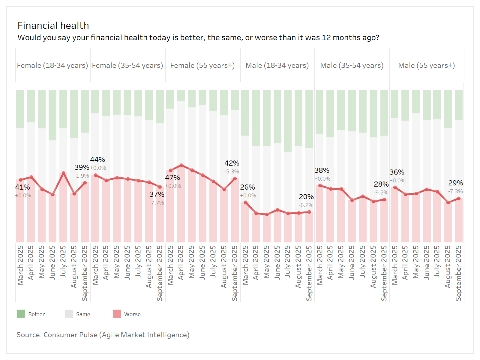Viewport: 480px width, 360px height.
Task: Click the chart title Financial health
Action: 53,25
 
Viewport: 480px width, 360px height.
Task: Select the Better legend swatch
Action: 21,314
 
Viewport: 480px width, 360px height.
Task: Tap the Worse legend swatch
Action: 117,314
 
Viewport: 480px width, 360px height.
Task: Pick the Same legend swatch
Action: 69,314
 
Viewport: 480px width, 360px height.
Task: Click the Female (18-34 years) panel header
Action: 52,65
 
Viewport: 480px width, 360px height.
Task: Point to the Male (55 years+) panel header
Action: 426,65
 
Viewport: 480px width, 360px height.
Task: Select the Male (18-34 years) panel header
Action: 277,65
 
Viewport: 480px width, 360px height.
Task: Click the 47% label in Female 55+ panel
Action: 172,178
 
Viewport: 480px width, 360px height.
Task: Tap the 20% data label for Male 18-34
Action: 306,197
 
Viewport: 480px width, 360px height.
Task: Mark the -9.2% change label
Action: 381,193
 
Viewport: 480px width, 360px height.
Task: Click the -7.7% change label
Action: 157,203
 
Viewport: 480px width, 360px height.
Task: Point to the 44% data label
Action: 97,160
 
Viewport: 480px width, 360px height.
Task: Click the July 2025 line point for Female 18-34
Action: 64,173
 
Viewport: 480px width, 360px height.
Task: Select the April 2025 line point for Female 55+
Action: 181,165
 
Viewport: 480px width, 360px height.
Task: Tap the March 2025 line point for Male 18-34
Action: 246,202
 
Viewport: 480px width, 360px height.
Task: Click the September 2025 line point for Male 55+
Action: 459,198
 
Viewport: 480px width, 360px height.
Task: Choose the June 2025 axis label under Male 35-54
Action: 352,262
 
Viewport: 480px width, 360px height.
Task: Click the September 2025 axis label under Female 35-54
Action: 160,273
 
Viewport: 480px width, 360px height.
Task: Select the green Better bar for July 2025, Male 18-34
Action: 288,121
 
